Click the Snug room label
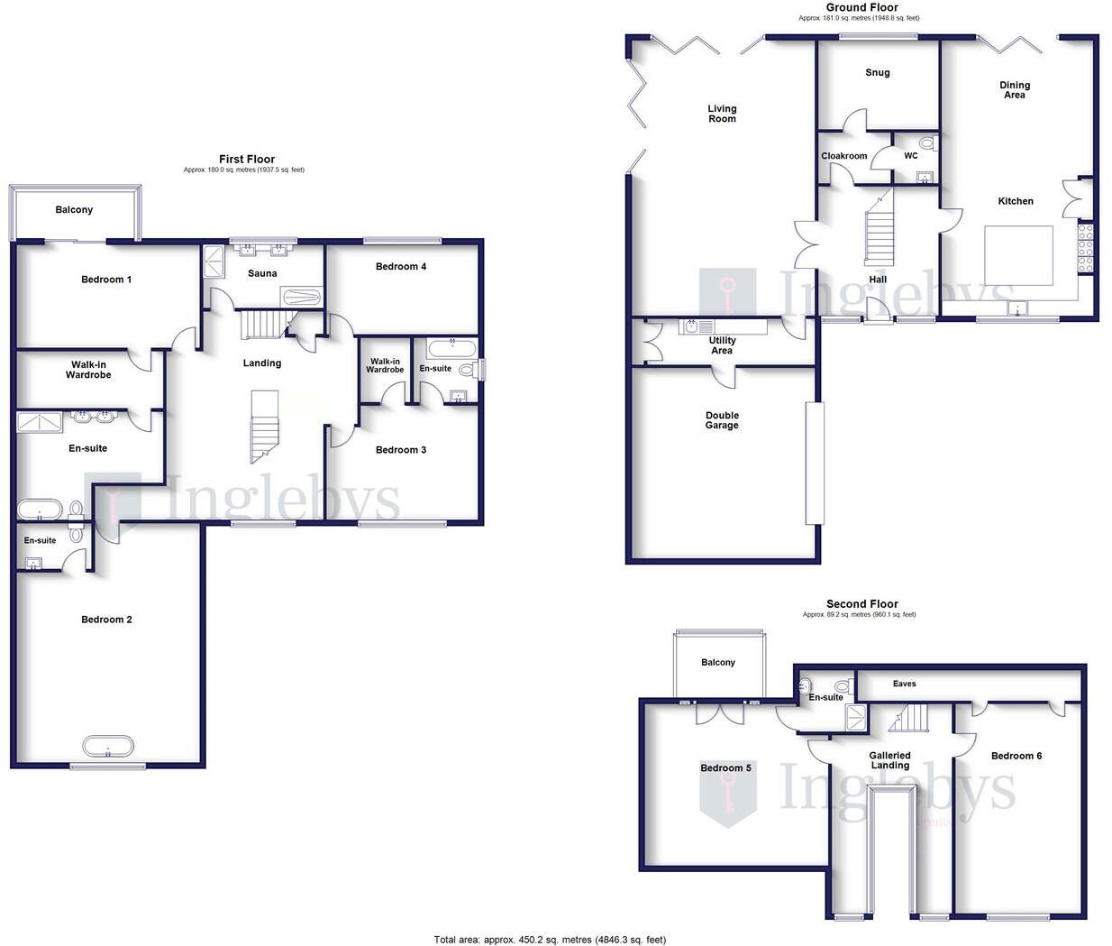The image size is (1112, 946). [x=877, y=73]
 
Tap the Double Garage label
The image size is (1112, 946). [x=722, y=420]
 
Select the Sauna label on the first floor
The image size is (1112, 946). [x=262, y=273]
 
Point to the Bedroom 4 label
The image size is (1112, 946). [x=401, y=266]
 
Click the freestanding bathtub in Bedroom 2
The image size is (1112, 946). [x=108, y=747]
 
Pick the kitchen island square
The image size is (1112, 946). [x=1018, y=255]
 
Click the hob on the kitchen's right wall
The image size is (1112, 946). [x=1086, y=246]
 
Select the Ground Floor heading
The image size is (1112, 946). [x=861, y=7]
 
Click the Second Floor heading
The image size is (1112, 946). [x=861, y=604]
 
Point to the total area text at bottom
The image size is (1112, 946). [x=550, y=939]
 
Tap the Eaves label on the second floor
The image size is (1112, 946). [x=904, y=684]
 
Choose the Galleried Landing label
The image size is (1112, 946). [x=889, y=760]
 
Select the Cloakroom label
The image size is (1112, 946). [x=843, y=156]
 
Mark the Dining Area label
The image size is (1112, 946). [x=1015, y=89]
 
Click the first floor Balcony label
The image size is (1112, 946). [x=74, y=210]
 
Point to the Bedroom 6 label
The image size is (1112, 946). [x=1016, y=756]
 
